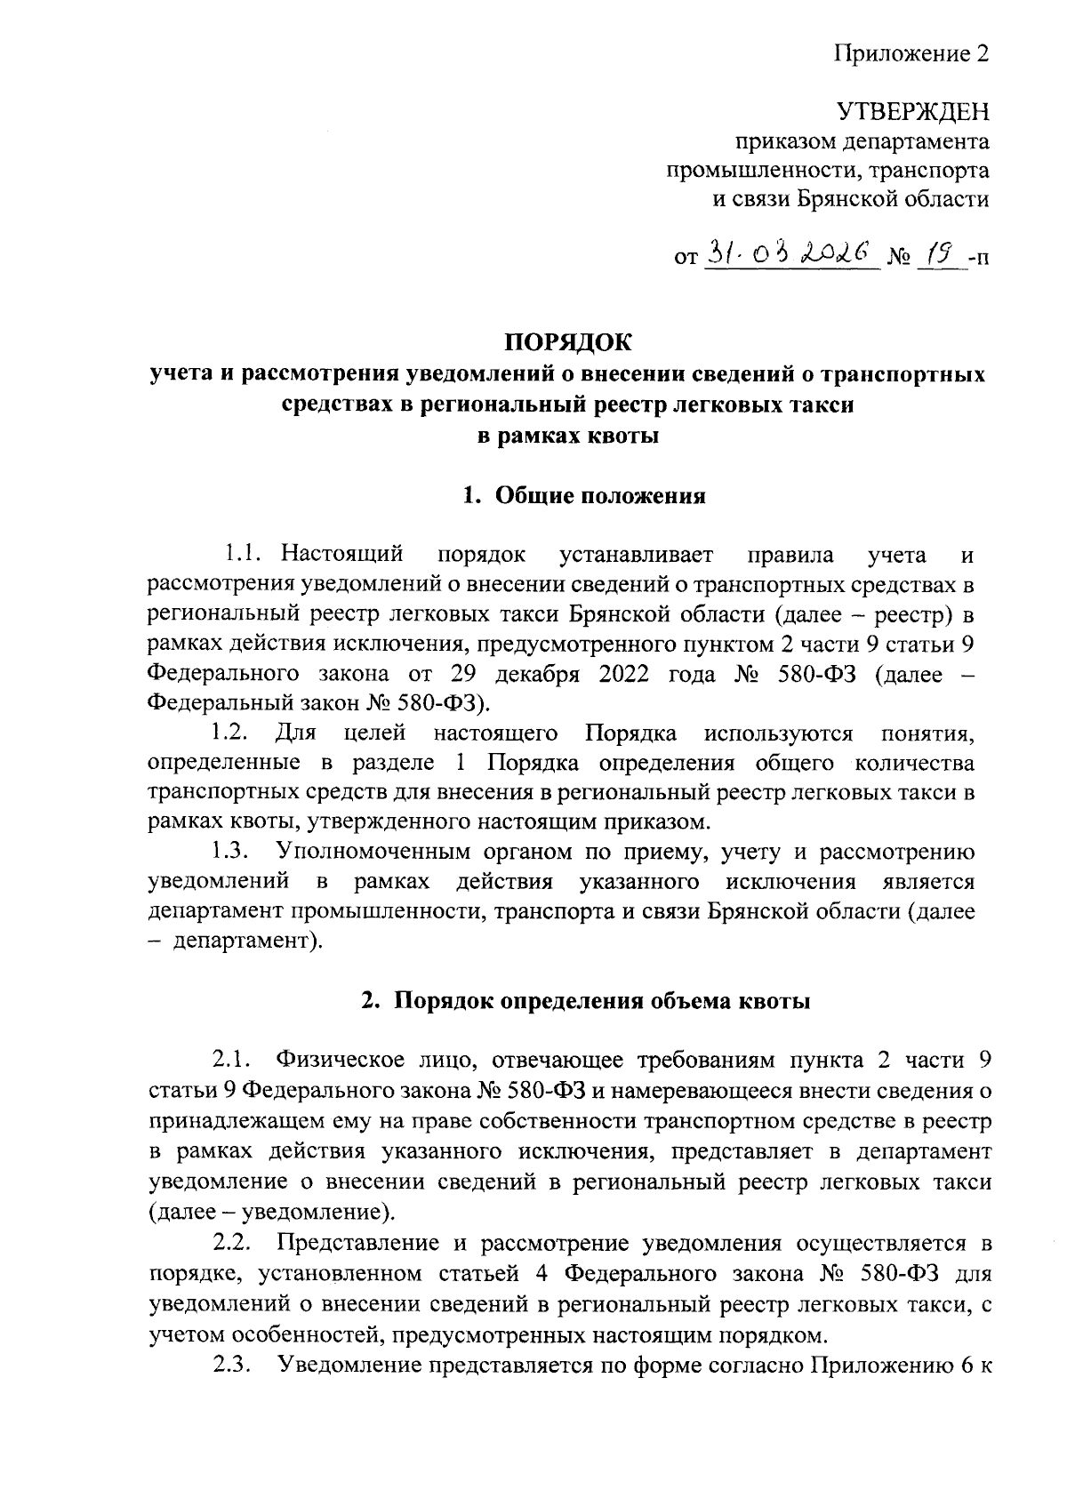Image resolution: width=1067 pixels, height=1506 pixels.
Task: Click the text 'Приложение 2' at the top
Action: [x=911, y=54]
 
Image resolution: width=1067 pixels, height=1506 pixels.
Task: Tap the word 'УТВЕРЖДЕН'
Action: [x=913, y=112]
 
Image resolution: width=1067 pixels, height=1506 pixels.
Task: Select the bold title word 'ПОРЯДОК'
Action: [x=567, y=341]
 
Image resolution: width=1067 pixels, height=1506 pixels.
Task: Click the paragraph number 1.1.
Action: [x=242, y=555]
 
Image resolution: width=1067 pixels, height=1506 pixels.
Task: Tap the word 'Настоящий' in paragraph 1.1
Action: [x=341, y=555]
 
